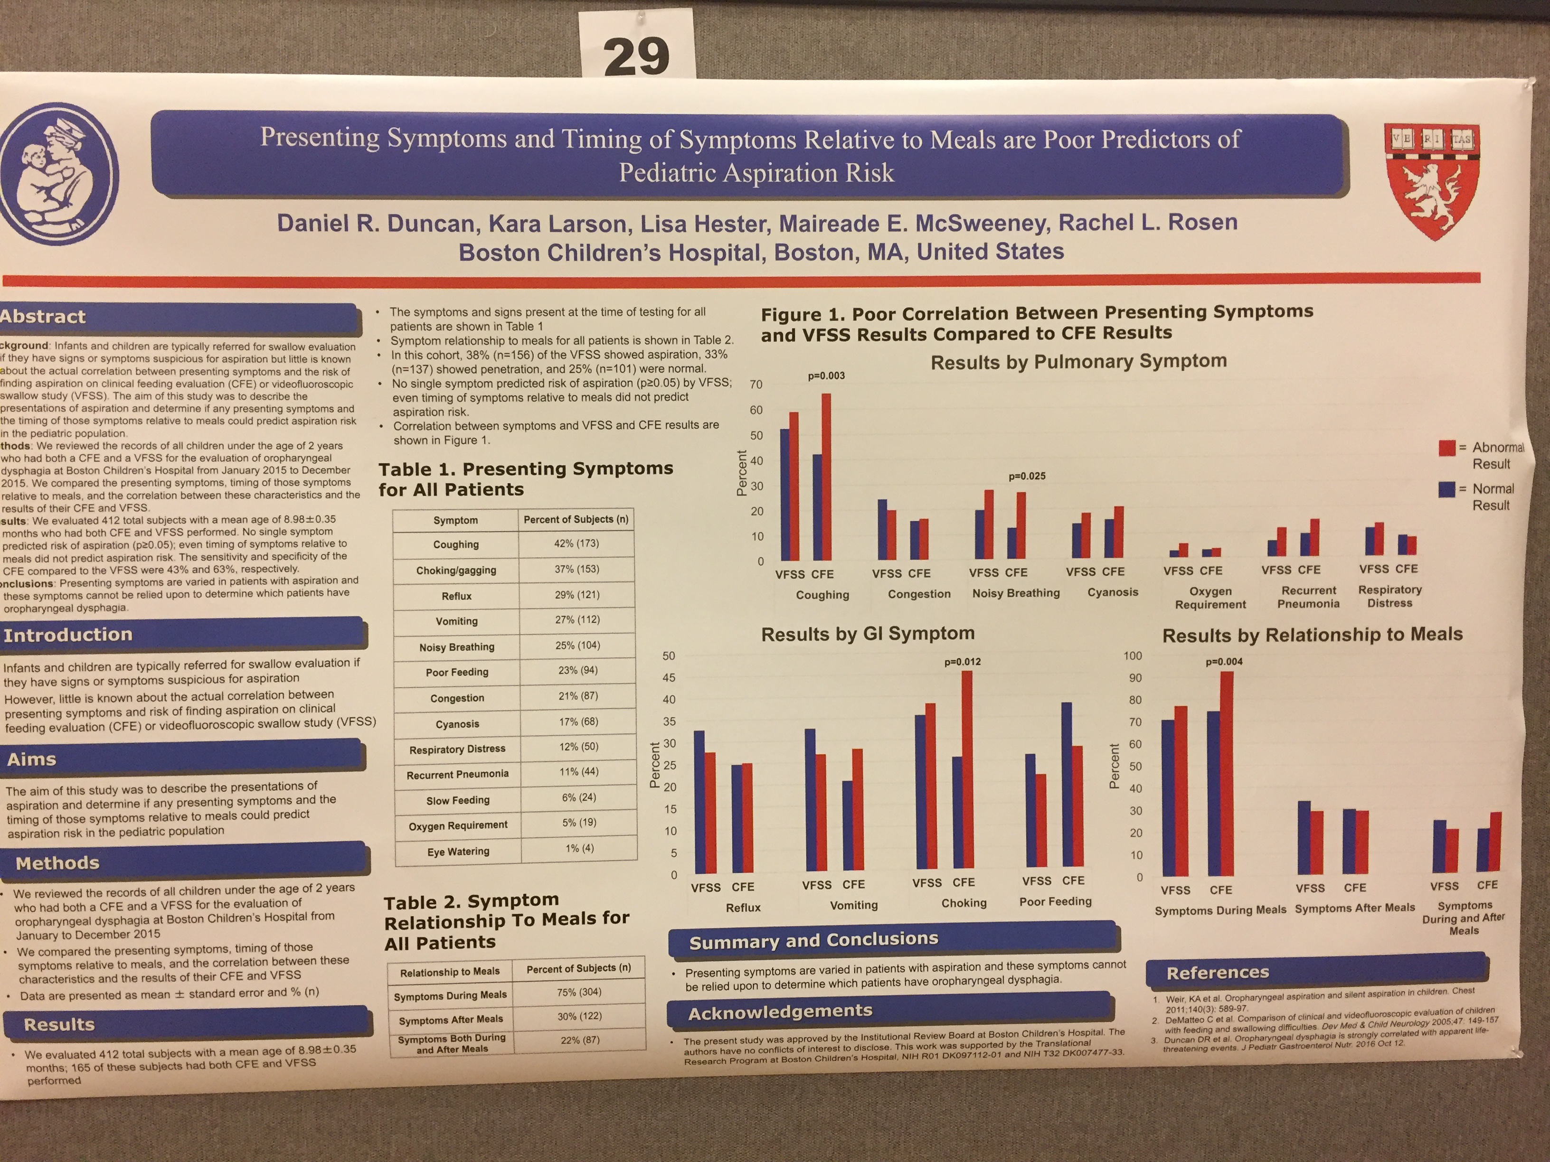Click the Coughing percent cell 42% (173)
[x=577, y=544]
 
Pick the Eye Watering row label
[x=458, y=852]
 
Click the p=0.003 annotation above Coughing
[x=826, y=376]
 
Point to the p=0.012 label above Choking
[x=962, y=662]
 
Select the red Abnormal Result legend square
[x=1446, y=448]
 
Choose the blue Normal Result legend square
[x=1446, y=489]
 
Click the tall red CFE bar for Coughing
[x=827, y=476]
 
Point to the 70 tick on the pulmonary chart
[x=756, y=384]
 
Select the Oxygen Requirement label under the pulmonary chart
[x=1210, y=598]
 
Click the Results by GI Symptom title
[x=868, y=634]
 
